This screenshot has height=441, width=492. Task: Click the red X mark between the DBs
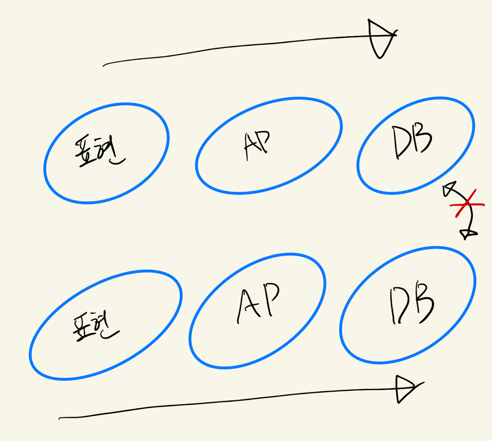(x=466, y=203)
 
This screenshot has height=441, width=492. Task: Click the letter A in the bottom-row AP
(x=249, y=304)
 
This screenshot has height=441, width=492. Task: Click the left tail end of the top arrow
(x=104, y=66)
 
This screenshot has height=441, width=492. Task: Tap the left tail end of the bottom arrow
(x=61, y=418)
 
